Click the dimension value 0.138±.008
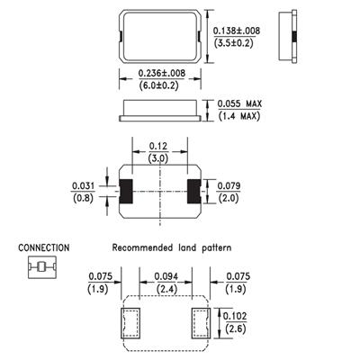click(x=237, y=31)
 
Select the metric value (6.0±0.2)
click(x=158, y=85)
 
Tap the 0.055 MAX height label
click(x=239, y=103)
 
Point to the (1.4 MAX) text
click(x=239, y=116)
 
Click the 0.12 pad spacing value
click(x=158, y=147)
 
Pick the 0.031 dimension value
click(x=83, y=186)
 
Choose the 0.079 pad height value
click(x=229, y=186)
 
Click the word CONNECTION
click(x=44, y=247)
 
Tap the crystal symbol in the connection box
click(x=42, y=266)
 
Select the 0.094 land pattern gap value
click(x=166, y=276)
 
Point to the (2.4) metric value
click(x=166, y=289)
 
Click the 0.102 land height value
click(x=236, y=316)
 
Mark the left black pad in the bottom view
click(x=126, y=192)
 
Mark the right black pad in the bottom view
click(x=194, y=192)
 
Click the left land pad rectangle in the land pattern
click(x=130, y=323)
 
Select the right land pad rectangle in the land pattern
click(x=201, y=323)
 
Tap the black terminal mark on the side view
click(x=294, y=37)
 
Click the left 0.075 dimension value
click(x=100, y=276)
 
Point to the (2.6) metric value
click(x=236, y=328)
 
